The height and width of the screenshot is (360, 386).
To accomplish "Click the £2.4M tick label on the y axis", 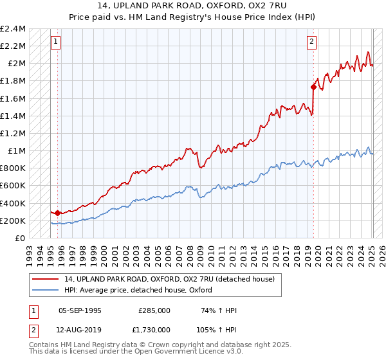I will coord(13,29).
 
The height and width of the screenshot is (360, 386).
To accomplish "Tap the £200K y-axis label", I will coord(13,221).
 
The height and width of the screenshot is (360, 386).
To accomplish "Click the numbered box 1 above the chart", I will coord(57,42).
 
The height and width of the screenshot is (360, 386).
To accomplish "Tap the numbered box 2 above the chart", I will coord(311,42).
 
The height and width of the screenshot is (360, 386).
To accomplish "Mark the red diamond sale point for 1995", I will coord(57,213).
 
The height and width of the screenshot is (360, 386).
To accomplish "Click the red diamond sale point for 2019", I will coord(313,87).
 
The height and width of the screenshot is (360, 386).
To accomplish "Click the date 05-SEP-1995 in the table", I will coord(80,310).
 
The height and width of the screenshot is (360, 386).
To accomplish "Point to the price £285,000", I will coord(154,310).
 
